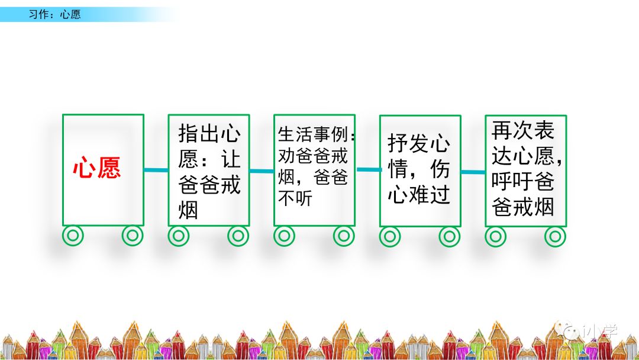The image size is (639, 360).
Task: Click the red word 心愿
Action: coord(97,169)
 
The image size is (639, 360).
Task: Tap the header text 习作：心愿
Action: coord(54,14)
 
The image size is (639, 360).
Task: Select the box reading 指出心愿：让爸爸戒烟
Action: coord(209,171)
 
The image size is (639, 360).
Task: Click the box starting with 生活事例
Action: coord(314,169)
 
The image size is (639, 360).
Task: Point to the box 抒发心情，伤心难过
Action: coord(419,171)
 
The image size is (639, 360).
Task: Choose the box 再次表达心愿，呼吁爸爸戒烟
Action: coord(525,170)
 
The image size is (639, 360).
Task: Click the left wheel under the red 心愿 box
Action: coord(73,236)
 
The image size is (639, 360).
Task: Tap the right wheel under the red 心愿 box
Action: coord(133,236)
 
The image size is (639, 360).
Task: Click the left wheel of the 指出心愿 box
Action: coord(179,236)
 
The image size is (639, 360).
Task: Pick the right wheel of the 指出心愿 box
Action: coord(238,236)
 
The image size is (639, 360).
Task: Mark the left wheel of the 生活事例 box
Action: coord(285,236)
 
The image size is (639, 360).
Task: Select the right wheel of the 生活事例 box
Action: coord(344,236)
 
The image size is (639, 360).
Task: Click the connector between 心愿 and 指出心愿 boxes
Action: coord(156,171)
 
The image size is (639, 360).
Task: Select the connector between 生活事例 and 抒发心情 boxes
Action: coord(367,170)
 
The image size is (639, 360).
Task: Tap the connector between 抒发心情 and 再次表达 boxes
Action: coord(473,172)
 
